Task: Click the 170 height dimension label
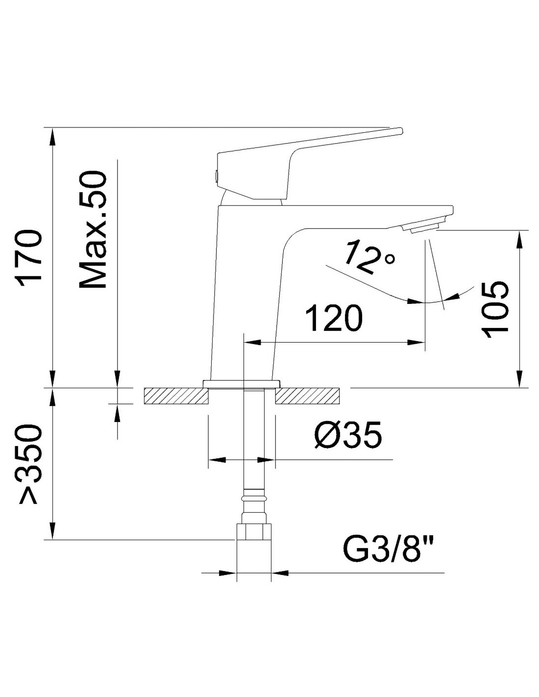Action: click(x=31, y=255)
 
